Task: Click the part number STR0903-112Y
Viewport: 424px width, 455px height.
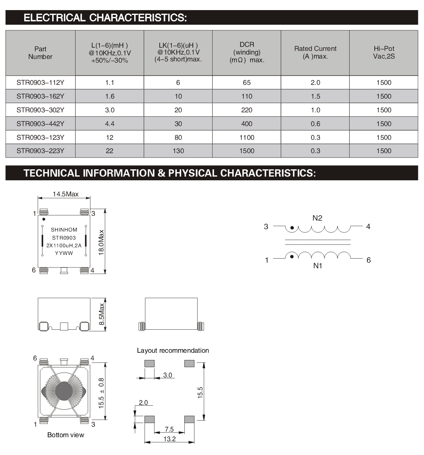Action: tap(40, 82)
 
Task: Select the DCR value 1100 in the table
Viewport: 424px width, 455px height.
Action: tap(247, 137)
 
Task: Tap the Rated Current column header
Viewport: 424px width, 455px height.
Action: tap(315, 53)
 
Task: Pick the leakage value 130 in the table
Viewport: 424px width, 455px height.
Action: tap(178, 151)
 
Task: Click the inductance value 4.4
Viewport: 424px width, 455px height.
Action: tap(110, 124)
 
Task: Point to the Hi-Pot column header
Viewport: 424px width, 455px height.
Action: tap(384, 53)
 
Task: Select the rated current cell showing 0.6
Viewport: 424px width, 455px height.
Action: tap(315, 124)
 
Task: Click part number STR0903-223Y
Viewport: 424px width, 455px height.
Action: tap(40, 151)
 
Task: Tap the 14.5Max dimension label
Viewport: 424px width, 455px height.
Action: tap(65, 194)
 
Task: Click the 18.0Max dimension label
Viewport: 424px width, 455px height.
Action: tap(101, 242)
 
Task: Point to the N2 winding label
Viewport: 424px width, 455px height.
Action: tap(317, 218)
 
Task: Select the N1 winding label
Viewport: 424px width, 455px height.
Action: tap(317, 266)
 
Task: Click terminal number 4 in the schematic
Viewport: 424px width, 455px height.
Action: tap(368, 227)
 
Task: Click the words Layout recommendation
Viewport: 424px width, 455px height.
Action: tap(173, 350)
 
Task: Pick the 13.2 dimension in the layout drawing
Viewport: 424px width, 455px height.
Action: tap(170, 439)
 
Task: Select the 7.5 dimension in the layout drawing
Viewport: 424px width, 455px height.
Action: tap(169, 429)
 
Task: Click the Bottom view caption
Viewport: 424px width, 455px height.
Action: tap(66, 435)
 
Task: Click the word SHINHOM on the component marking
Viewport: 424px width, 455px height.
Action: tap(64, 230)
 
